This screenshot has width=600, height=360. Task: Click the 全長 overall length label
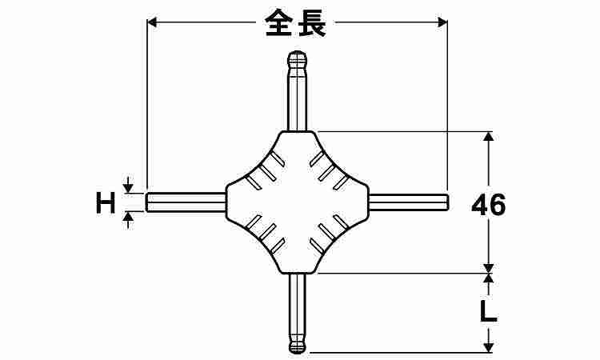(295, 23)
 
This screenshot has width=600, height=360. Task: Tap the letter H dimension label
(106, 202)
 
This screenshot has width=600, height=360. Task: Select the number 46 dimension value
(489, 205)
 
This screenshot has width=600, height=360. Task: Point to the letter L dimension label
(488, 311)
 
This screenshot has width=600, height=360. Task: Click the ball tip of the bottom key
(298, 346)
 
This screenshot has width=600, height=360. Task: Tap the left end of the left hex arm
(146, 202)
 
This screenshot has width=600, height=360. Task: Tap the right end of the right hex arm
(447, 202)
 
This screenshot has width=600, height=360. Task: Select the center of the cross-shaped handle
(298, 202)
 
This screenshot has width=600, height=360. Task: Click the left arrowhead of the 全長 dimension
(151, 22)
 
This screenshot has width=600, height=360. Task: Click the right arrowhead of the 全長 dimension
(442, 22)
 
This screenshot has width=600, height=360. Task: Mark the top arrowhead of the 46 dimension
(488, 137)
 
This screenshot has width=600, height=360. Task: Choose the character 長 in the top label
(312, 23)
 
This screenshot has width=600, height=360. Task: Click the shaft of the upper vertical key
(298, 99)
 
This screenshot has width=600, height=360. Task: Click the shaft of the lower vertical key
(298, 306)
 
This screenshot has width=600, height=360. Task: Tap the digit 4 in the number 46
(480, 205)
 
